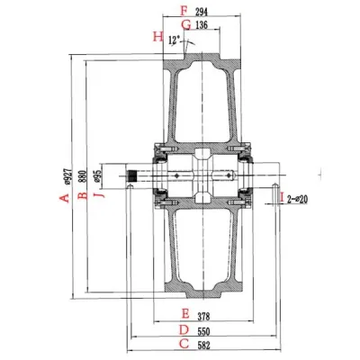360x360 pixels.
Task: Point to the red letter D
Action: point(184,329)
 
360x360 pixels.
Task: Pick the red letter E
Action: point(184,314)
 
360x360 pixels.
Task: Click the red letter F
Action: point(184,11)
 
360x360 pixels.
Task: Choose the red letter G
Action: point(185,25)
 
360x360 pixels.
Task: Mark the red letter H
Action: point(158,37)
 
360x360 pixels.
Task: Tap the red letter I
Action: point(281,196)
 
